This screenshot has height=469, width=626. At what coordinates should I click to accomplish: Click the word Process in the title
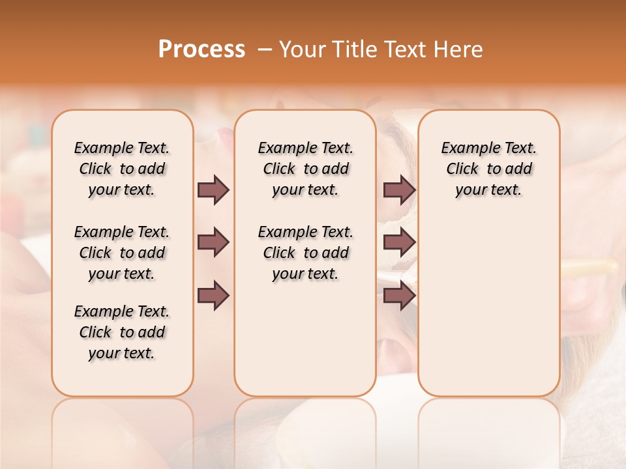pyautogui.click(x=201, y=50)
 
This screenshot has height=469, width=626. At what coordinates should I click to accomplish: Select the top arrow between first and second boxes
pyautogui.click(x=213, y=190)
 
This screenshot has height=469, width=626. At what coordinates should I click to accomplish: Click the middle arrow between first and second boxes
pyautogui.click(x=213, y=243)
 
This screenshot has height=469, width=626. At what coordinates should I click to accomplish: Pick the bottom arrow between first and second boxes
pyautogui.click(x=213, y=296)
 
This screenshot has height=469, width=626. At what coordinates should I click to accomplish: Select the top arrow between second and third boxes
pyautogui.click(x=399, y=190)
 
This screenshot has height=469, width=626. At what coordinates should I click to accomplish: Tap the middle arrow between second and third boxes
pyautogui.click(x=399, y=243)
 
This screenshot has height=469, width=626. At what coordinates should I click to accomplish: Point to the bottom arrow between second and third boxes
pyautogui.click(x=399, y=296)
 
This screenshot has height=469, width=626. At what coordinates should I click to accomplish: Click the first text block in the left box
pyautogui.click(x=122, y=169)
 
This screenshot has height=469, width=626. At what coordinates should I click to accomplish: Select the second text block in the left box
pyautogui.click(x=122, y=253)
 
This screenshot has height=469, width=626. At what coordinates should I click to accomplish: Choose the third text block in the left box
pyautogui.click(x=122, y=332)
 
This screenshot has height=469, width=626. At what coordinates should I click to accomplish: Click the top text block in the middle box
pyautogui.click(x=305, y=169)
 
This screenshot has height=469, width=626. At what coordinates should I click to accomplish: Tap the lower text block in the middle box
pyautogui.click(x=305, y=253)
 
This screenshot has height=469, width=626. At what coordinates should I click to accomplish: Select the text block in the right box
pyautogui.click(x=488, y=169)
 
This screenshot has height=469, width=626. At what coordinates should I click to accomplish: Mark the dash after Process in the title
pyautogui.click(x=265, y=50)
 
